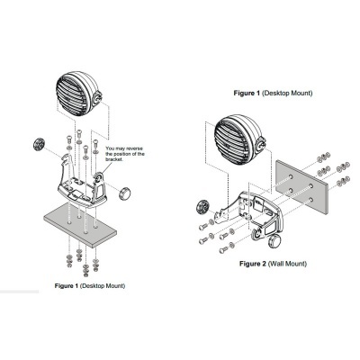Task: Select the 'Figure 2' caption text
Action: [x=254, y=265]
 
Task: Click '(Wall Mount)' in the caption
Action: [x=289, y=265]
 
